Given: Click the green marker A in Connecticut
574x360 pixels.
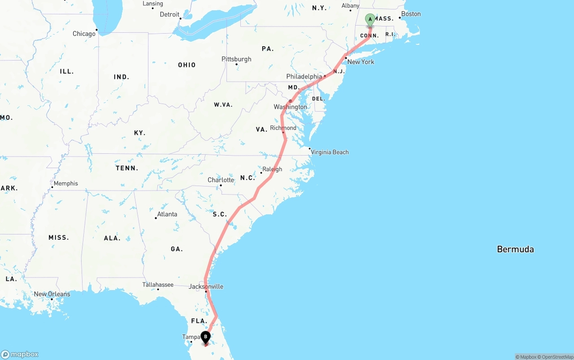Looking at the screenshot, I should coord(370,20).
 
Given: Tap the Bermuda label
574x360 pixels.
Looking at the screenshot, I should coord(515,249).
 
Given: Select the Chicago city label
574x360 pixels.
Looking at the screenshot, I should coord(84,34).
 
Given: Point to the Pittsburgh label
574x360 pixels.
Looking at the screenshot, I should coord(236,59).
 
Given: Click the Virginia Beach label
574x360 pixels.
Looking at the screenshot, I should coord(330,152).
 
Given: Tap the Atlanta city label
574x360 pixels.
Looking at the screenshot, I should coord(167,214).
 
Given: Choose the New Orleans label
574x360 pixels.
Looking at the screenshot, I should coord(52,294).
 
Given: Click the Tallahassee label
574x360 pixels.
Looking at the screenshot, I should coord(158,285).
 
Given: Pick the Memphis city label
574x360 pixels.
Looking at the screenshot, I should coord(65,183).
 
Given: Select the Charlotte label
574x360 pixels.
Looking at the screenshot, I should coord(221,180).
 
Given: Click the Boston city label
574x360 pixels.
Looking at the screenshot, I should coord(411,14).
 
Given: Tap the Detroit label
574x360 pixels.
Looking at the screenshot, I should coord(170,14).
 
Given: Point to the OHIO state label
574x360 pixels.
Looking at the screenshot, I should coord(187,65).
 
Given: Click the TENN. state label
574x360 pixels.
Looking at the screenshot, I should coord(127,168).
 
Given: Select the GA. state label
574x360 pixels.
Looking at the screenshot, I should coord(177,249).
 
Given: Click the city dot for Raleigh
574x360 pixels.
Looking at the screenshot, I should coord(261,173).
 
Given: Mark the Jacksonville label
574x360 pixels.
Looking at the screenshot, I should coord(206,286).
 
